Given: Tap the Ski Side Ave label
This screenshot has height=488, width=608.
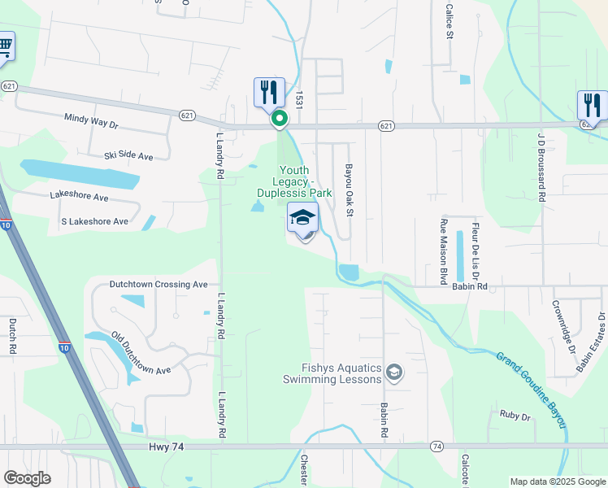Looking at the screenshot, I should pos(128,155).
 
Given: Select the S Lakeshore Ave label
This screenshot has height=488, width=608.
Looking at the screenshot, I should pos(95,221).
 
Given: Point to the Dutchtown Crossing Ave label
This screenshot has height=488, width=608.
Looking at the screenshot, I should pos(159,285).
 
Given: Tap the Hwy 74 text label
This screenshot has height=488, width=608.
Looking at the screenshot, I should pos(164,447).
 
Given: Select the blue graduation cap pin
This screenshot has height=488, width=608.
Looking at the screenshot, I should pos(303,220).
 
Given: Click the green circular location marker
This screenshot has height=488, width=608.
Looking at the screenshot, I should pos(280,120).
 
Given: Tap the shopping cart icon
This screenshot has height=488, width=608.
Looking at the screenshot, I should pos(4,46).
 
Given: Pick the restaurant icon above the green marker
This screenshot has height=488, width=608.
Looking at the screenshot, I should pos(270,91).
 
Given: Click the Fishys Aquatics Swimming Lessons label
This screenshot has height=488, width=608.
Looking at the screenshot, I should pos(332,373).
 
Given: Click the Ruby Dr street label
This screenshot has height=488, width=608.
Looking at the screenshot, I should pos(515,416).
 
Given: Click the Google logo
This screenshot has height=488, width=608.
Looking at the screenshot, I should pos(27,478).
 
